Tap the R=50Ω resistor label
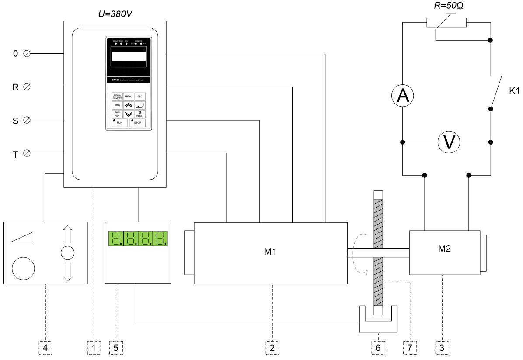tap(446, 7)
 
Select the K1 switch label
tap(514, 92)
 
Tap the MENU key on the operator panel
tap(129, 97)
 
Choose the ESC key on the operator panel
tap(140, 97)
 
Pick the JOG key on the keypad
tap(117, 105)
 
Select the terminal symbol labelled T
tap(26, 153)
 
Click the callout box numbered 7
tap(409, 347)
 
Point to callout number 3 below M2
tap(442, 347)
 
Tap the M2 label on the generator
tap(444, 249)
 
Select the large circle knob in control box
tap(23, 268)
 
